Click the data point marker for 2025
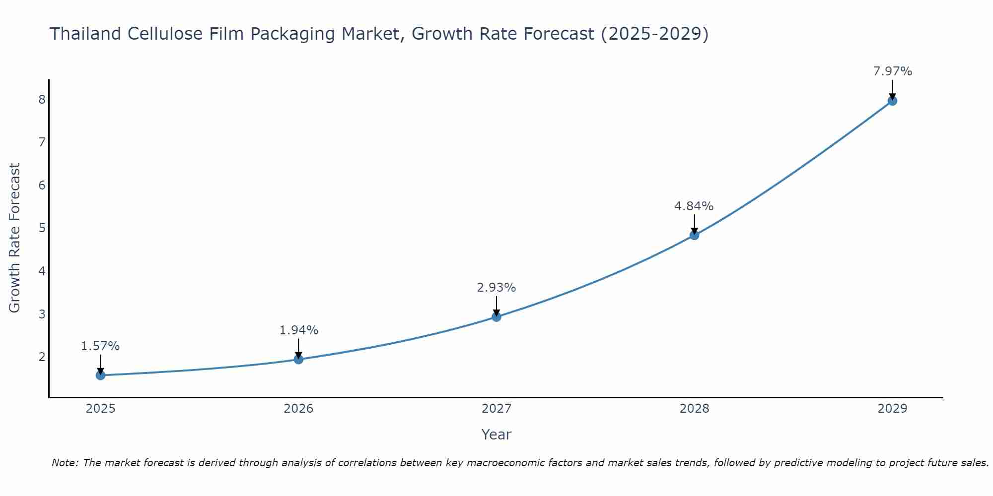(100, 375)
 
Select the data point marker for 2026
(298, 359)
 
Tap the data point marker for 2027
(496, 316)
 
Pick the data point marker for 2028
(694, 235)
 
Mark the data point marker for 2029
(892, 101)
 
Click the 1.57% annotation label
(100, 346)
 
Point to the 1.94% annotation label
(298, 330)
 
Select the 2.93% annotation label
(496, 288)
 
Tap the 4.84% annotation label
(694, 206)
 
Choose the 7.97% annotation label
(892, 71)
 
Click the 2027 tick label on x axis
(496, 409)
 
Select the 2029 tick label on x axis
(892, 409)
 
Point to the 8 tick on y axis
(42, 100)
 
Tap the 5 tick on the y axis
(42, 228)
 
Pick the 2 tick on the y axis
(42, 357)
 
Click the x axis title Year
(496, 434)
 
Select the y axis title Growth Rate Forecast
(15, 238)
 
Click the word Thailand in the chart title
(85, 34)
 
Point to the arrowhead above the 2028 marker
(694, 231)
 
